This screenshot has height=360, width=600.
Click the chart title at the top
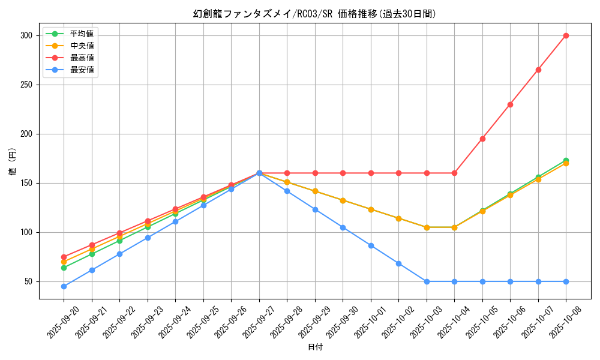[x=315, y=14]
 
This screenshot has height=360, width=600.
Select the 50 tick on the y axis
[x=28, y=281]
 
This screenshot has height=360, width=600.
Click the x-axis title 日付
[x=315, y=347]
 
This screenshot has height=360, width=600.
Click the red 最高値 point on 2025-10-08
[x=566, y=35]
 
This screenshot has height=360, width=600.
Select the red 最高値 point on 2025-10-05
[x=482, y=139]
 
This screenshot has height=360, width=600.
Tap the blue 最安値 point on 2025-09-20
[x=64, y=286]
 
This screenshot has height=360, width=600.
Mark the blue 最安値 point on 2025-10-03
[x=427, y=281]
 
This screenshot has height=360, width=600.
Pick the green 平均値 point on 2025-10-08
[x=566, y=160]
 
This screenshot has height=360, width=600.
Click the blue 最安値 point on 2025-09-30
[x=343, y=227]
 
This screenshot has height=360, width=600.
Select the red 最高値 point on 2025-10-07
[x=538, y=70]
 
